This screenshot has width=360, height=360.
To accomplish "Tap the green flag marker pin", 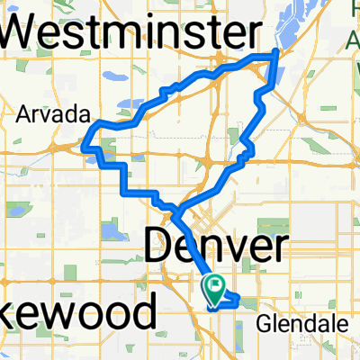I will click(217, 288).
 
